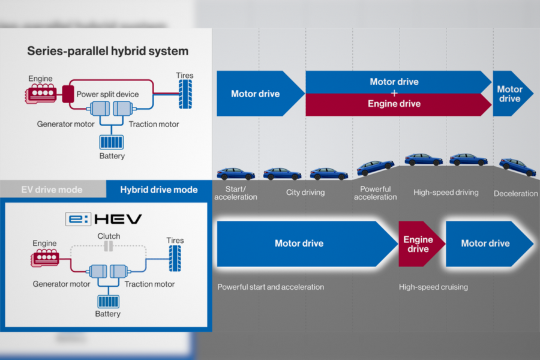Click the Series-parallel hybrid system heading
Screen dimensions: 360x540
(107, 51)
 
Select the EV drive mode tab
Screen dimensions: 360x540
(52, 190)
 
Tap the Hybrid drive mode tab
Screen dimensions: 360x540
(158, 190)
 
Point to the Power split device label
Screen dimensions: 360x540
(107, 94)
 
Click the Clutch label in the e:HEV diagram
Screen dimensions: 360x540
(109, 236)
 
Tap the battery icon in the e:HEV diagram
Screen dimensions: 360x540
(108, 300)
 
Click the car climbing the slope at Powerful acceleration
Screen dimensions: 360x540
(376, 167)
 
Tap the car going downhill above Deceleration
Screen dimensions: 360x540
(517, 167)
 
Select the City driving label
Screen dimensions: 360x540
(305, 193)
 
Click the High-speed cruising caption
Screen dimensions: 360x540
(433, 287)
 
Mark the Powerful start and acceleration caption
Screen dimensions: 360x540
(271, 287)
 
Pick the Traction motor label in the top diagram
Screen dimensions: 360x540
(154, 124)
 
